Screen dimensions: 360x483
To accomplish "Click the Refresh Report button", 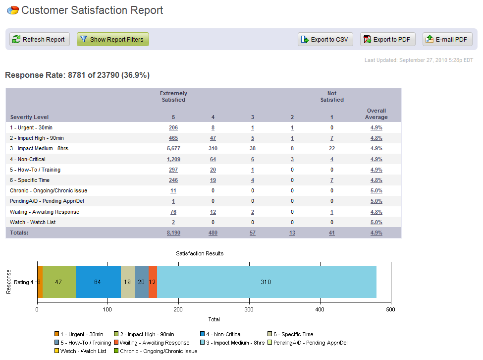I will click(x=40, y=40).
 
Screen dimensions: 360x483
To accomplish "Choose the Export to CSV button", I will click(x=325, y=40).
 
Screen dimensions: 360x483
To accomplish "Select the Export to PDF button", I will click(x=387, y=40).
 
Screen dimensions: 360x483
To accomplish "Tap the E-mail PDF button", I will click(x=447, y=40).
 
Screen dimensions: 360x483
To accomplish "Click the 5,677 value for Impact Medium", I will click(x=173, y=149).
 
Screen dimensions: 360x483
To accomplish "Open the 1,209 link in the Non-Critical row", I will click(x=173, y=159).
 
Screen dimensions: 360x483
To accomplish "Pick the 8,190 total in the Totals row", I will click(x=173, y=233).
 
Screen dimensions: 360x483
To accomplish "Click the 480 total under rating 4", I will click(x=213, y=233).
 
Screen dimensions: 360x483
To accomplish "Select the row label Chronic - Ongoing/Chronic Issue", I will click(x=49, y=190).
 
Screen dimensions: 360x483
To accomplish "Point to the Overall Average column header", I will click(x=376, y=114).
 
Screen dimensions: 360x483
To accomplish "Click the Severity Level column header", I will click(x=29, y=118).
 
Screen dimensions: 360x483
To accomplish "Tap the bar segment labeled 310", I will click(x=267, y=282).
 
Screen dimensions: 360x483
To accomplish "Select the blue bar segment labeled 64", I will click(x=98, y=282).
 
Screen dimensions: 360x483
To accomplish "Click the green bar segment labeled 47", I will click(x=59, y=282).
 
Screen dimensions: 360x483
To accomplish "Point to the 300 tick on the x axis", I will click(x=249, y=310).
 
